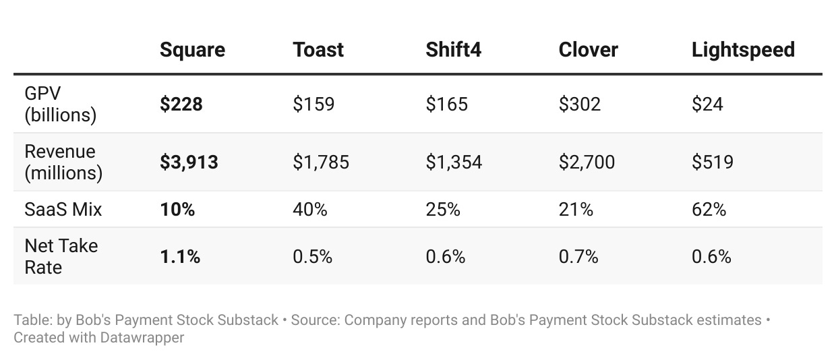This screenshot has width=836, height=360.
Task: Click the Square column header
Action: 192,50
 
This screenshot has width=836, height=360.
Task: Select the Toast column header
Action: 318,50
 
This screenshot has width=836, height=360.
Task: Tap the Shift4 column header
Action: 454,50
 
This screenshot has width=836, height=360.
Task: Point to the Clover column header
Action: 588,50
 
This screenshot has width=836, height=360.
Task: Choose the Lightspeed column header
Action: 743,50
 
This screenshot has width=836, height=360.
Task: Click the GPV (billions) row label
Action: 61,104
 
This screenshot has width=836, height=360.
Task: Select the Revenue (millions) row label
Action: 63,162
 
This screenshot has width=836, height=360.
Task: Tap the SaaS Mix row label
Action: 63,209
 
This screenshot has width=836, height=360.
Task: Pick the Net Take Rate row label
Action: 61,257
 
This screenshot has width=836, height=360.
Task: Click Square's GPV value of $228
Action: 181,104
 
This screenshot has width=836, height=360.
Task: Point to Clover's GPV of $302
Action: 580,104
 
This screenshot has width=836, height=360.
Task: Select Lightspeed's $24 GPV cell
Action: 707,104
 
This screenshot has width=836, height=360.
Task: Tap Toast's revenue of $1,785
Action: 321,162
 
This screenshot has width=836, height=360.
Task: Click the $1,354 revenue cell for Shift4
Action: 454,162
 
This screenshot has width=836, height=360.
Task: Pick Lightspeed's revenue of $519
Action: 713,162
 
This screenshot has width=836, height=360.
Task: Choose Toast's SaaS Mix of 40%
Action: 309,209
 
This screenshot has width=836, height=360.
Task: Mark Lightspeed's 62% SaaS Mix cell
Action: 709,209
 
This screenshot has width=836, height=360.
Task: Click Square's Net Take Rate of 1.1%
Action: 180,257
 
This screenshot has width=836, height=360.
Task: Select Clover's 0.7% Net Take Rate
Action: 578,257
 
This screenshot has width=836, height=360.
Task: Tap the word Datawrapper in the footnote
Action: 142,338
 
